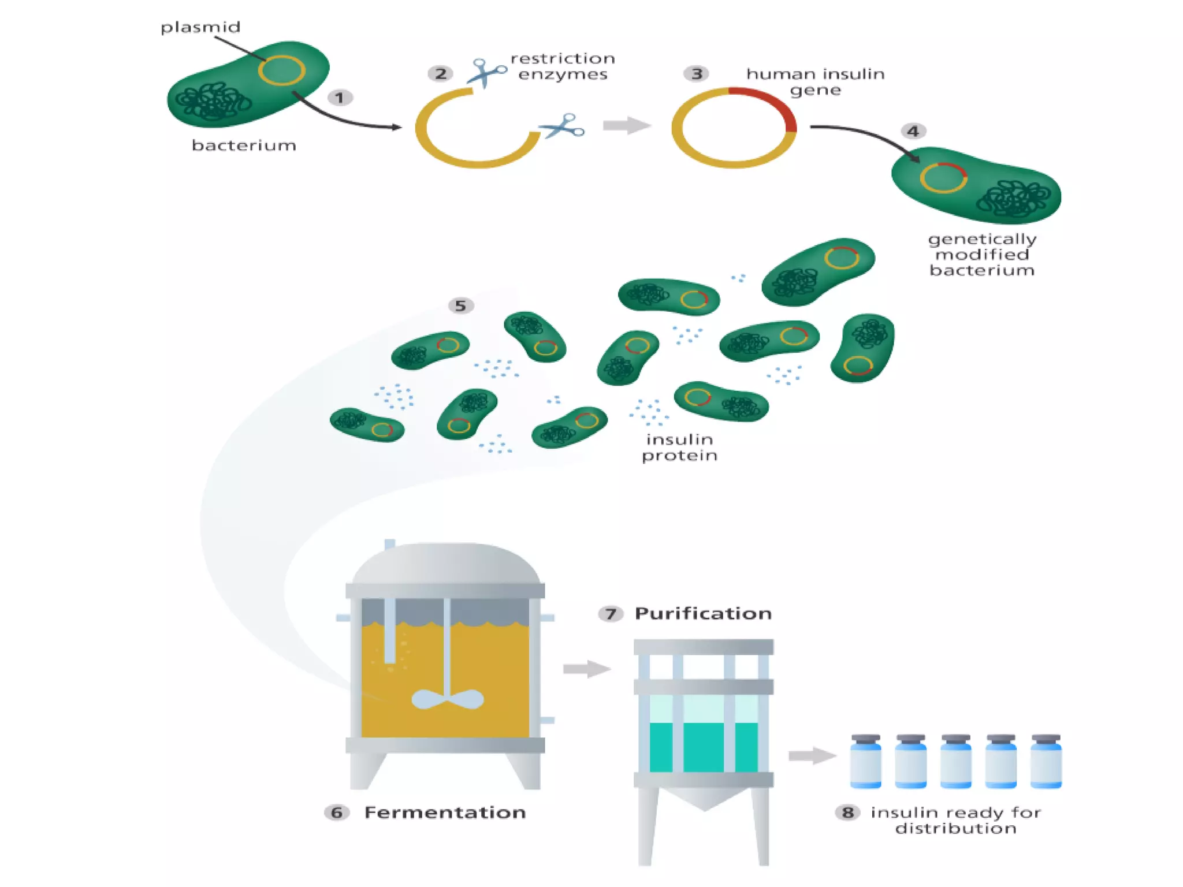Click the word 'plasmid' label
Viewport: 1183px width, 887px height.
pyautogui.click(x=200, y=28)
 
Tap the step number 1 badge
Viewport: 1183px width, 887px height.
pyautogui.click(x=340, y=98)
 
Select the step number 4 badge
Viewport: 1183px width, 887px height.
pyautogui.click(x=913, y=132)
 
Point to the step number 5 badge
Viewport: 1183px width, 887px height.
pyautogui.click(x=460, y=305)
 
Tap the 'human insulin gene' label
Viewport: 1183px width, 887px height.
pyautogui.click(x=815, y=82)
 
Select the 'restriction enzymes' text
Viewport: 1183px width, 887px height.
pyautogui.click(x=563, y=66)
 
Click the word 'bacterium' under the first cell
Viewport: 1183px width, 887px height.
pyautogui.click(x=244, y=146)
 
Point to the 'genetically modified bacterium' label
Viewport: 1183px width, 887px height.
pyautogui.click(x=982, y=255)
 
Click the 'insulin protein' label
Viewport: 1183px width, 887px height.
pyautogui.click(x=680, y=448)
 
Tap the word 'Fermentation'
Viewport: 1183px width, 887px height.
pyautogui.click(x=445, y=813)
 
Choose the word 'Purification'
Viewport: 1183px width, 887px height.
pyautogui.click(x=703, y=613)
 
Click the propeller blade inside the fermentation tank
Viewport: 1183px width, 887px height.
pyautogui.click(x=448, y=700)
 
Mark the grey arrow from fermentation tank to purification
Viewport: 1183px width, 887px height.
pyautogui.click(x=587, y=669)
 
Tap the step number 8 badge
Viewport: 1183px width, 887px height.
pyautogui.click(x=847, y=813)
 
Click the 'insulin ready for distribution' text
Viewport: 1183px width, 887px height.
pyautogui.click(x=955, y=821)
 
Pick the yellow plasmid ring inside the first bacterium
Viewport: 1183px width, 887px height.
pyautogui.click(x=281, y=70)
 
